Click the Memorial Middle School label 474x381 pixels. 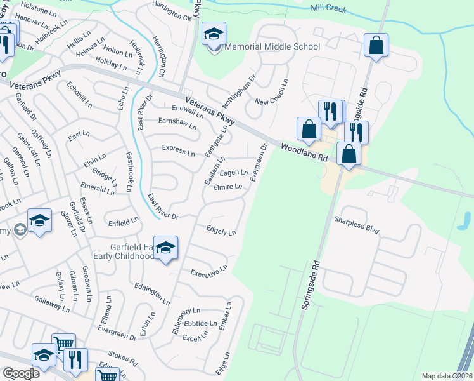tap(272, 46)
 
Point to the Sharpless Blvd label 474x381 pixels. tap(357, 224)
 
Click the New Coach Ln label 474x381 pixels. tap(272, 93)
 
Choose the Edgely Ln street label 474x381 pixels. tap(221, 231)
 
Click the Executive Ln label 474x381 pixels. tap(208, 271)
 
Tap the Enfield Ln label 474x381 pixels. tap(123, 222)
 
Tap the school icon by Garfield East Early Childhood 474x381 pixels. tap(165, 248)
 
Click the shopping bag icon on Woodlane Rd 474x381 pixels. tap(349, 153)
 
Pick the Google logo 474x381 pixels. tap(21, 373)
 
